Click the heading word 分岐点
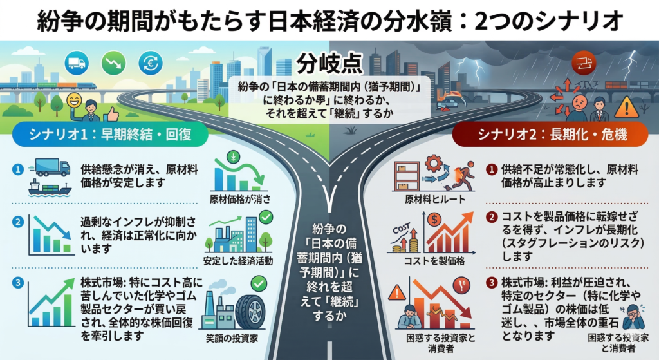click(329, 64)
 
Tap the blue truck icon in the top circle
click(75, 62)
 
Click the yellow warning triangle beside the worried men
click(626, 108)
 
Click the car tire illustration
click(250, 311)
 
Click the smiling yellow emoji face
click(73, 100)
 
